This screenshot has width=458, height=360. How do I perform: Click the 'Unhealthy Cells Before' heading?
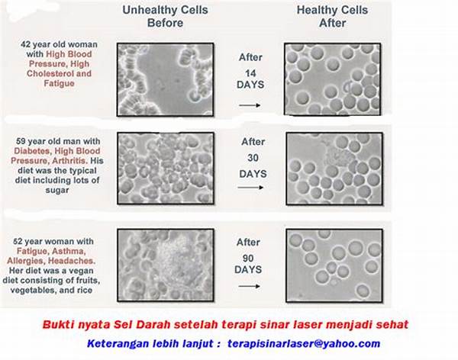165,16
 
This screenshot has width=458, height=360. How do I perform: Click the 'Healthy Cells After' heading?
332,16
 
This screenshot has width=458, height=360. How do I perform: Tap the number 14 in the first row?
250,73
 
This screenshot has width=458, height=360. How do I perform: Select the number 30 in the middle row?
253,158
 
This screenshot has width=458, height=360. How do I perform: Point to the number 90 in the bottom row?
248,258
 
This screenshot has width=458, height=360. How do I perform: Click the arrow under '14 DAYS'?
250,105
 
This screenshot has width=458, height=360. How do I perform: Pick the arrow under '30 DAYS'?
250,188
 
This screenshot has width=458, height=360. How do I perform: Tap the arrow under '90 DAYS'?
249,286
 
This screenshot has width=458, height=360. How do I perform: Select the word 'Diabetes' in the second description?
27,151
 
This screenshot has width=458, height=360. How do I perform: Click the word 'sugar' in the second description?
57,191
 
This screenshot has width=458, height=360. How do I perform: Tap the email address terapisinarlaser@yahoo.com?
304,344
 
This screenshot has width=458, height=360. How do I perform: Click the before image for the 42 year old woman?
166,80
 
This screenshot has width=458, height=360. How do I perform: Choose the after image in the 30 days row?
334,169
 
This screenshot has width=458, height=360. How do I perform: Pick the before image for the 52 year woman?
166,265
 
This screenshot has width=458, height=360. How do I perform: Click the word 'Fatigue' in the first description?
59,83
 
